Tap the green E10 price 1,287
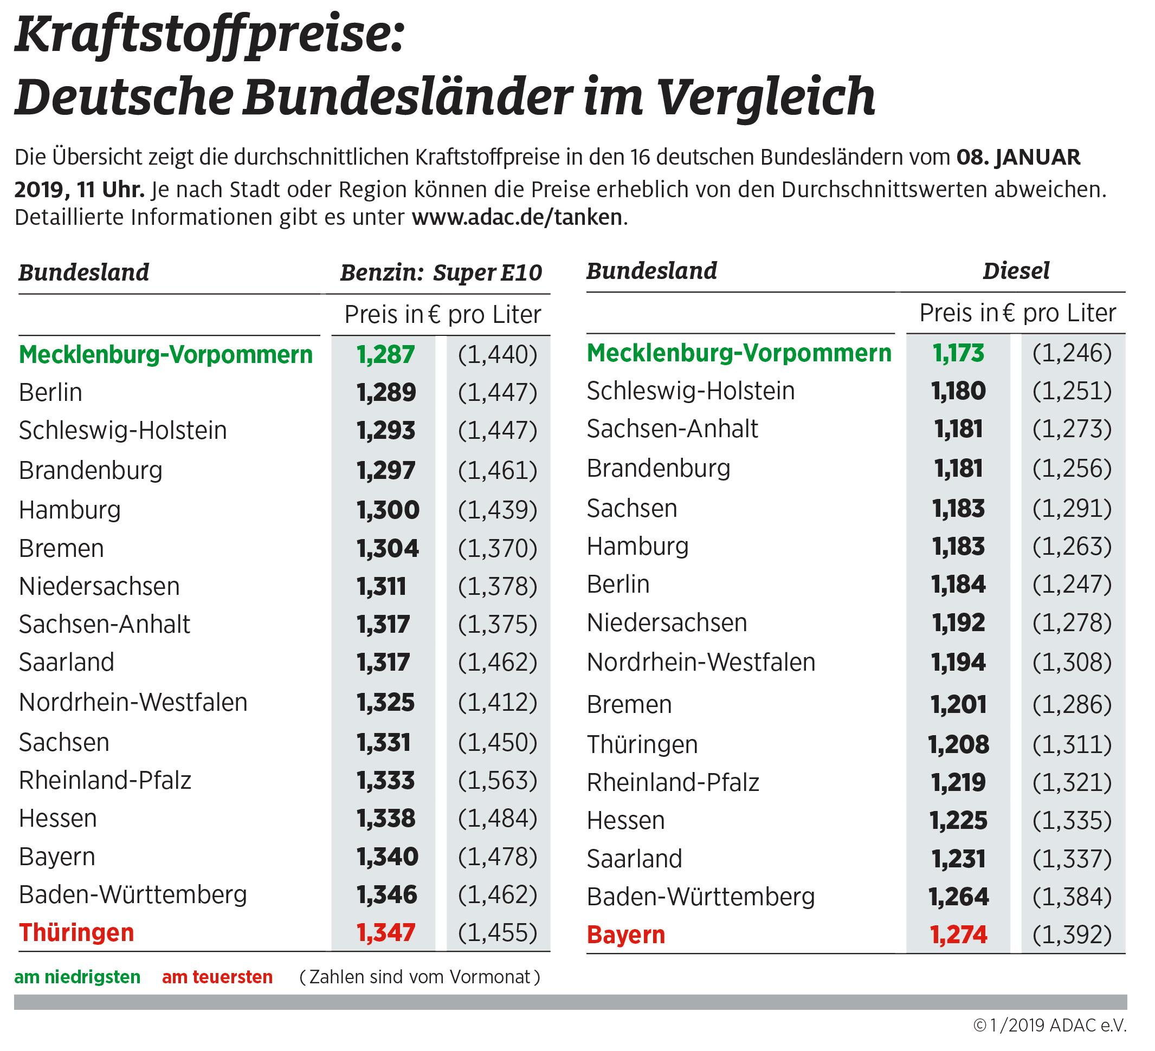[385, 354]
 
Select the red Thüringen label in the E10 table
[76, 932]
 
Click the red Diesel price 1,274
[958, 935]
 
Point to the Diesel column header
[1016, 271]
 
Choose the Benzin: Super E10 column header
[441, 273]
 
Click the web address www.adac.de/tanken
[517, 218]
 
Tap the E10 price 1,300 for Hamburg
[388, 510]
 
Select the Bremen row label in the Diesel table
[629, 704]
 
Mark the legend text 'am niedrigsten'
[78, 977]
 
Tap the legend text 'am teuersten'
[217, 977]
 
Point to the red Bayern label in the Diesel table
[625, 935]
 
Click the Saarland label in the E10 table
[67, 662]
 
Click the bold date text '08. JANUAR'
[1018, 157]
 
